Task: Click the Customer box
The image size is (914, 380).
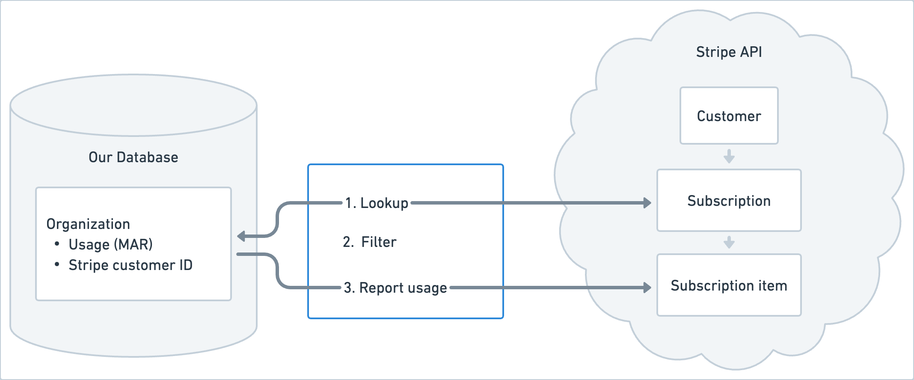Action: [x=729, y=116]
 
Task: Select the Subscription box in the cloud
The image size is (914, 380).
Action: [x=729, y=201]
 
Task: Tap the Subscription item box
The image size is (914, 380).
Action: [x=729, y=285]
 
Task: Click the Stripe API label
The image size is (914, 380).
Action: [x=729, y=52]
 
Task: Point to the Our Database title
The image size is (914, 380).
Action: [x=133, y=157]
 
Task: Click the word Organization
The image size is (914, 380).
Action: [x=88, y=224]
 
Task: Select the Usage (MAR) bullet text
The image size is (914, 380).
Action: [x=110, y=244]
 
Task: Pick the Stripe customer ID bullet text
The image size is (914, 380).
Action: [x=130, y=265]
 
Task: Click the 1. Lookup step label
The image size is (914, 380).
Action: [x=377, y=203]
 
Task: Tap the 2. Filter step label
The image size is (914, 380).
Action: [x=370, y=242]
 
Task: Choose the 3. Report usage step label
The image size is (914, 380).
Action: [x=395, y=288]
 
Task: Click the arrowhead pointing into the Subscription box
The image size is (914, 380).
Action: [x=647, y=203]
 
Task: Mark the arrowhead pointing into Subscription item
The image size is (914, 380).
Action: [x=647, y=288]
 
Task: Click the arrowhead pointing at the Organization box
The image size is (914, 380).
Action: [x=241, y=236]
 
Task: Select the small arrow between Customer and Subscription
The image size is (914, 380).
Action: [x=729, y=157]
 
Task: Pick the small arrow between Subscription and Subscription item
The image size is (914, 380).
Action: [x=729, y=242]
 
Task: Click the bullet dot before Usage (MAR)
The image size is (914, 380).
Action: [x=57, y=244]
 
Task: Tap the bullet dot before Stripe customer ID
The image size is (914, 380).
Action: [x=57, y=265]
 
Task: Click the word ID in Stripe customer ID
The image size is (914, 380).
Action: [x=186, y=265]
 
